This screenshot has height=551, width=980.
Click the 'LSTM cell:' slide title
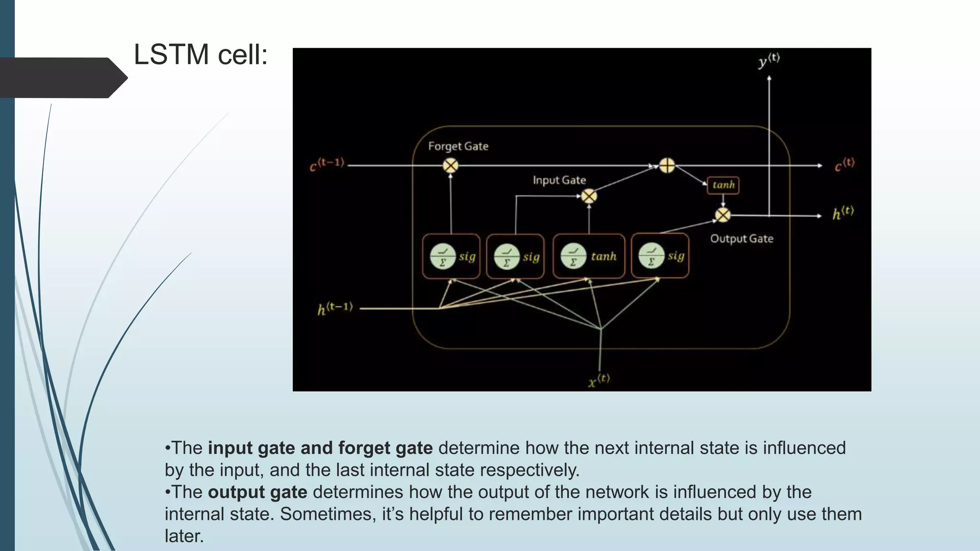coord(200,55)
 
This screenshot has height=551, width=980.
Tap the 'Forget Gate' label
coord(458,146)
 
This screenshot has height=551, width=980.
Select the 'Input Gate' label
coord(559,180)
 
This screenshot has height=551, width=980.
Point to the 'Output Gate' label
coord(741,239)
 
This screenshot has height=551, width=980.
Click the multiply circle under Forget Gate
coord(450,165)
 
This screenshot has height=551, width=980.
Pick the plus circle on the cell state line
coord(667,165)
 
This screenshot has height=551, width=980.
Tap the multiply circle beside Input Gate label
coord(589,196)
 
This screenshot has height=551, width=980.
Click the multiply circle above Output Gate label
coord(723,215)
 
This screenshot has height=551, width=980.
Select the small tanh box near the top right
coord(723,185)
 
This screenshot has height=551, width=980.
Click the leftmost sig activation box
coord(451,256)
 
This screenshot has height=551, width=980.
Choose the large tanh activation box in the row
coord(589,256)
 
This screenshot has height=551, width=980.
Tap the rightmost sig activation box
coord(660,256)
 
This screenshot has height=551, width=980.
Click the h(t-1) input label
coord(335,309)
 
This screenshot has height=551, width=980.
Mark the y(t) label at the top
coord(769,61)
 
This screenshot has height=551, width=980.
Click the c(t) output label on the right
coord(845,165)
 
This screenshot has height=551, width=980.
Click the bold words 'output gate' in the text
coord(257,492)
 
